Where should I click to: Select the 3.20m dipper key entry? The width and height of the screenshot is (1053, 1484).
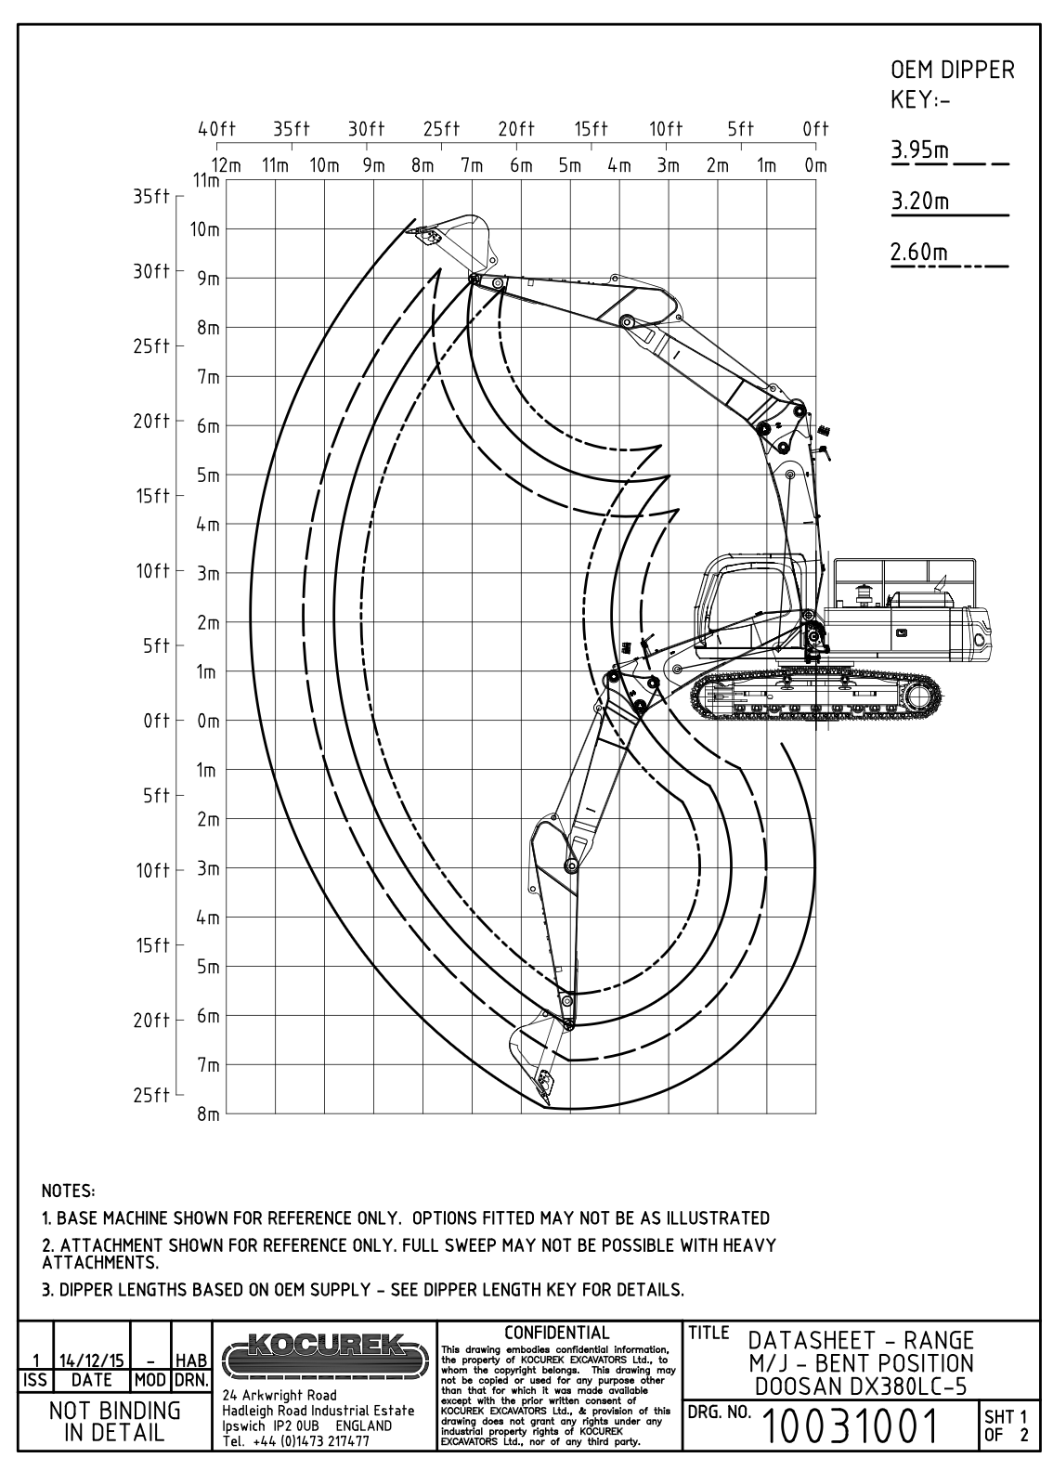click(920, 201)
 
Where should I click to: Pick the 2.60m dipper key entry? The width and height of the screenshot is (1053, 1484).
click(920, 252)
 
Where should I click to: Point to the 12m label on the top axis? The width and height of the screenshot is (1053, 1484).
click(227, 166)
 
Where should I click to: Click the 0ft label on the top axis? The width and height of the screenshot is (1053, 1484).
click(814, 130)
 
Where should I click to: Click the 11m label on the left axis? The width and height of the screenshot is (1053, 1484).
click(206, 179)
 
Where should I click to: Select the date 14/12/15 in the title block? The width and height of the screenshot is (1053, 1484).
click(92, 1361)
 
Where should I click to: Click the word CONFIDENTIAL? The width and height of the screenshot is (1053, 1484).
click(557, 1333)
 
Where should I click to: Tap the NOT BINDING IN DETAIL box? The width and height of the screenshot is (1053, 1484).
click(115, 1421)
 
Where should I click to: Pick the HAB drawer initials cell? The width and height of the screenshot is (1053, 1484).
click(190, 1361)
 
